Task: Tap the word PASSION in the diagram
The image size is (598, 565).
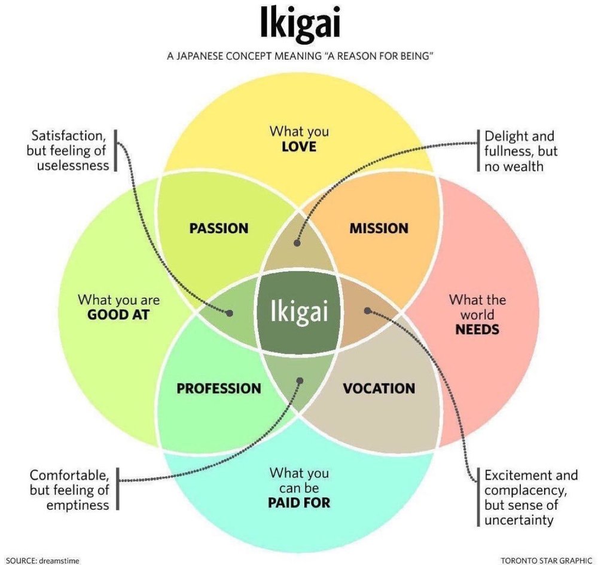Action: pyautogui.click(x=219, y=228)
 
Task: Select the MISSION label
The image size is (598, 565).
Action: pyautogui.click(x=379, y=228)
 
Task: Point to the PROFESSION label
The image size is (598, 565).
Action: pyautogui.click(x=219, y=388)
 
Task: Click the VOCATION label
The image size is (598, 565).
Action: pyautogui.click(x=379, y=388)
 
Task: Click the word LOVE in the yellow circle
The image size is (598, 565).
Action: pyautogui.click(x=299, y=145)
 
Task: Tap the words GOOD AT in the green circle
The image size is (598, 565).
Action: pyautogui.click(x=118, y=314)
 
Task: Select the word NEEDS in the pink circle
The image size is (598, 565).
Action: pyautogui.click(x=477, y=329)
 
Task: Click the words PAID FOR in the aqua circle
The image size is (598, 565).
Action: pyautogui.click(x=299, y=502)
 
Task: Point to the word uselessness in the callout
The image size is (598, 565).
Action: pyautogui.click(x=73, y=165)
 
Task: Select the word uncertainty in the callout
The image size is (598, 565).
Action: pyautogui.click(x=519, y=520)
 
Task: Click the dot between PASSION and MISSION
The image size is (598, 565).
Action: pyautogui.click(x=297, y=242)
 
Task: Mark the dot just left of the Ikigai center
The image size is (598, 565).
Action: pyautogui.click(x=230, y=312)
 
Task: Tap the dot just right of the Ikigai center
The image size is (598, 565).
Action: pyautogui.click(x=367, y=311)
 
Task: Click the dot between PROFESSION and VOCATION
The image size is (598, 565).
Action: pyautogui.click(x=300, y=380)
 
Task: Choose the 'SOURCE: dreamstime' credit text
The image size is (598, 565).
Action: pyautogui.click(x=42, y=560)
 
